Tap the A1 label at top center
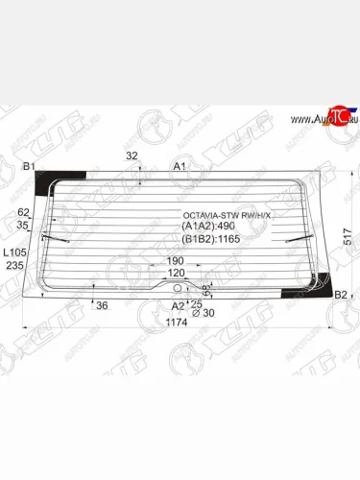(x=179, y=166)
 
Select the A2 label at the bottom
(x=177, y=305)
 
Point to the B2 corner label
(x=340, y=294)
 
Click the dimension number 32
(x=132, y=155)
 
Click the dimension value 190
(x=175, y=260)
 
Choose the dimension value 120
(x=176, y=273)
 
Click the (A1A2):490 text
(x=208, y=227)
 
